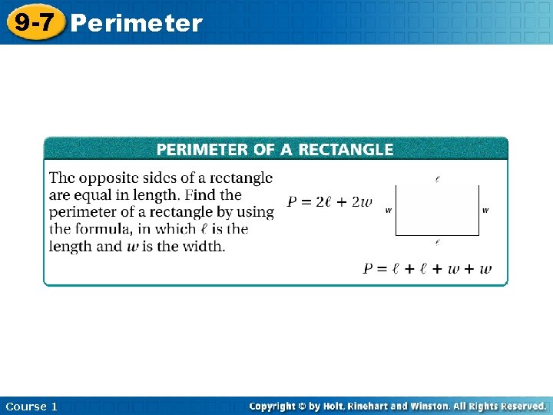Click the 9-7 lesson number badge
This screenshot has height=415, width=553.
coord(34,22)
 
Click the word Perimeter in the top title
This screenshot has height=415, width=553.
coord(136,24)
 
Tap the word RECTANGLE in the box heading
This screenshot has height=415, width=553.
coord(347,150)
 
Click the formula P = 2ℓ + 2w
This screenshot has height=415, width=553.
coord(329,202)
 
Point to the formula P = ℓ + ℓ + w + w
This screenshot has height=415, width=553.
coord(427,268)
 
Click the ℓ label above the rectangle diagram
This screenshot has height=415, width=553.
coord(437,179)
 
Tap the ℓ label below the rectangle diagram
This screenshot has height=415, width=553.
coord(437,242)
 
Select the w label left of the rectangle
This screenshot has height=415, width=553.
coord(389,210)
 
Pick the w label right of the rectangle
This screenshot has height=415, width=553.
coord(485,210)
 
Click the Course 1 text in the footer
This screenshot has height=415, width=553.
coord(31,406)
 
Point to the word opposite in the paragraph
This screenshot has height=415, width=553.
coord(107,179)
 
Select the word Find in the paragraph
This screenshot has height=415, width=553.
coord(200,195)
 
